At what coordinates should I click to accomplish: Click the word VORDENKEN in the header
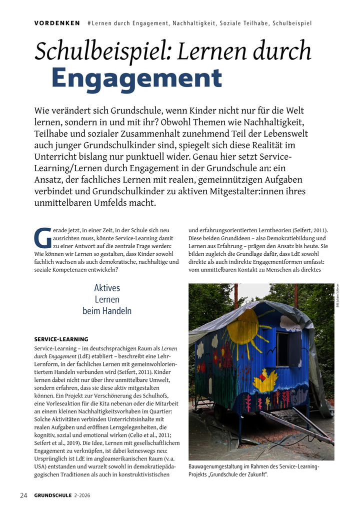coord(57,24)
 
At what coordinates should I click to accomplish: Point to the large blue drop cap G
coord(42,238)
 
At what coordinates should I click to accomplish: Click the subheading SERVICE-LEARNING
coord(61,339)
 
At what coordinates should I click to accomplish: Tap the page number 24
coord(23,495)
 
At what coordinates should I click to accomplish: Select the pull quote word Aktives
coord(107,288)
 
